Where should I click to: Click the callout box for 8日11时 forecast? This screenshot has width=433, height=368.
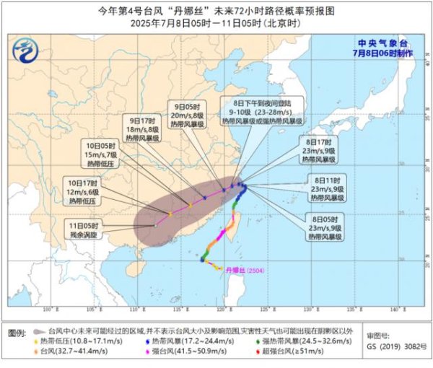click(x=328, y=187)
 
